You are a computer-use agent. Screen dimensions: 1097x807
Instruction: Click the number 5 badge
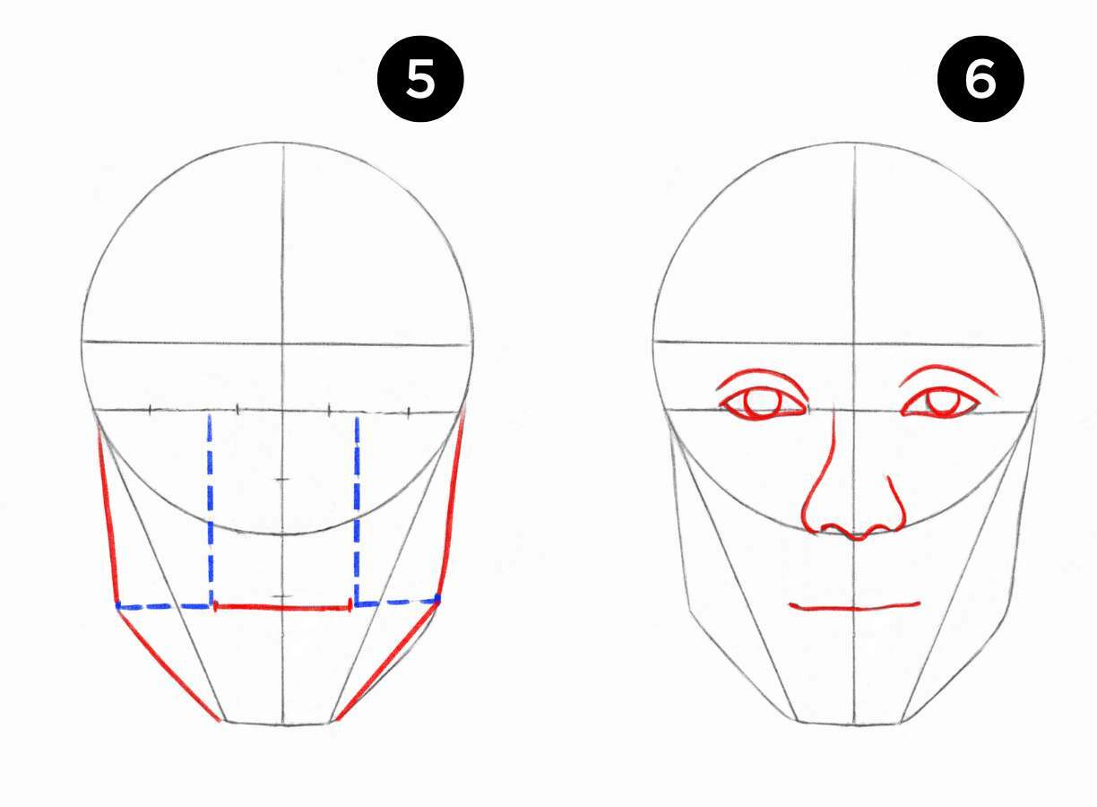[420, 79]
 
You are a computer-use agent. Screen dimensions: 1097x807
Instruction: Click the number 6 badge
[980, 79]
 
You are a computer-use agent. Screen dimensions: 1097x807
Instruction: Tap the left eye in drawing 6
[762, 403]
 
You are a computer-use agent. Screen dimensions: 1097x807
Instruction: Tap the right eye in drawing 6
[940, 403]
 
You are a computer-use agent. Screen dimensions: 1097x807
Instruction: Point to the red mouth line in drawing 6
[855, 609]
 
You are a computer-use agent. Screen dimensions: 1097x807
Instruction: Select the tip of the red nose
[856, 538]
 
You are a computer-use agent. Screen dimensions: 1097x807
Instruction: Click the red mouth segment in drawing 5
[282, 608]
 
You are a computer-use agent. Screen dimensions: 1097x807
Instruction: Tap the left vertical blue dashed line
[211, 509]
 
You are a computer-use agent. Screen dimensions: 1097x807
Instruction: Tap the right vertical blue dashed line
[357, 509]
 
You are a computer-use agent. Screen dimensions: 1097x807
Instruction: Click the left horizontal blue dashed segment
[165, 607]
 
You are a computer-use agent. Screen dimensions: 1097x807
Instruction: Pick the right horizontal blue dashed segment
[397, 603]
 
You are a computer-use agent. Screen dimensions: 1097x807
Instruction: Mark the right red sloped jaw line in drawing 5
[387, 662]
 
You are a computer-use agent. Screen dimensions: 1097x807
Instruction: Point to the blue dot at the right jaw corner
[437, 598]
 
